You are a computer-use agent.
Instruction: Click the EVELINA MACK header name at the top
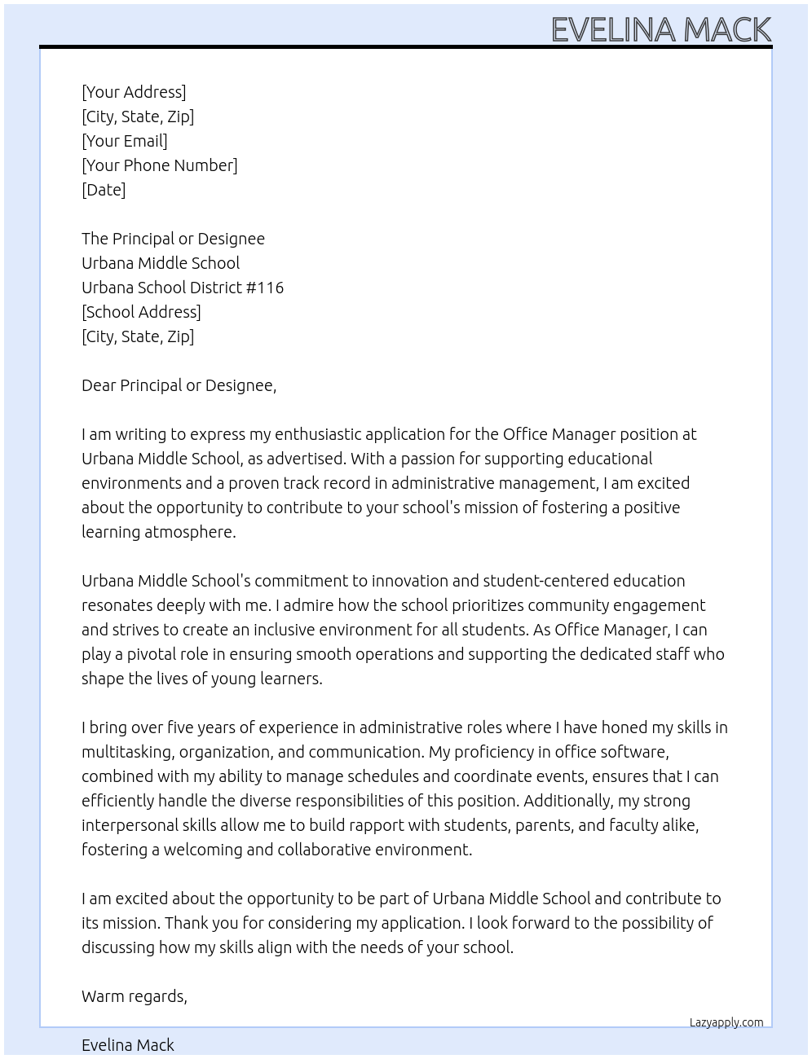[x=661, y=29]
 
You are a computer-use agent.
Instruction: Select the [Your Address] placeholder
[x=134, y=92]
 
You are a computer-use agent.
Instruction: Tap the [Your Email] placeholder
[x=125, y=141]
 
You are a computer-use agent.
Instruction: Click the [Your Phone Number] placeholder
[x=160, y=165]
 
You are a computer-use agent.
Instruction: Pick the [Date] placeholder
[x=104, y=190]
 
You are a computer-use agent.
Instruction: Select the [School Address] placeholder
[x=141, y=312]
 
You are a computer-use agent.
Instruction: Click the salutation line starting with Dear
[x=179, y=385]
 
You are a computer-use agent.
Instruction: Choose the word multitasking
[x=127, y=752]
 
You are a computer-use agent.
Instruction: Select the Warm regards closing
[x=135, y=996]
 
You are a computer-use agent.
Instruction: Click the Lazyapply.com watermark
[x=726, y=1022]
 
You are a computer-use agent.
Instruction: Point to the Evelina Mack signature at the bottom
[x=128, y=1045]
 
